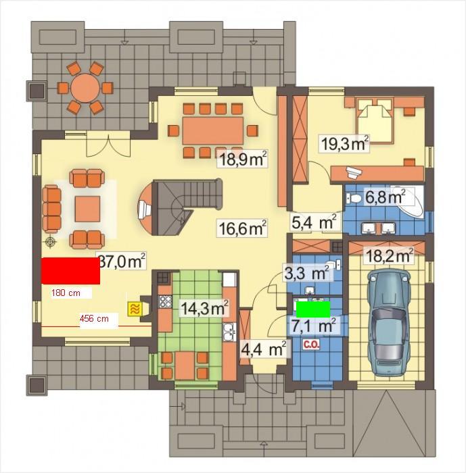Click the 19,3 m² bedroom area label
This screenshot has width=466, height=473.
pos(344,143)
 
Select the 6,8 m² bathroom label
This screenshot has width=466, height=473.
pos(385,197)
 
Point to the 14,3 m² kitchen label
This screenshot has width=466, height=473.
pos(204,308)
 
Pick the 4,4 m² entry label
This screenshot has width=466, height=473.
pos(263,349)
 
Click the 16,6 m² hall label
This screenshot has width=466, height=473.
pos(242,228)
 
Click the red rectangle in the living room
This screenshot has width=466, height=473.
pos(70,271)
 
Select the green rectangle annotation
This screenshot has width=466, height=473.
pos(313,309)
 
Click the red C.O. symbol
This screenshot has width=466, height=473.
pos(311,345)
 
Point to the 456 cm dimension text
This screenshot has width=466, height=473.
pos(94,318)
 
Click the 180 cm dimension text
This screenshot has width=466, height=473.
pos(66,293)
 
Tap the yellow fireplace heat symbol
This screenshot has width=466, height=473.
pos(135,309)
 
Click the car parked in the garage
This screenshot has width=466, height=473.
pos(388,322)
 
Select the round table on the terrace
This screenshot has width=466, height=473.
pos(85,88)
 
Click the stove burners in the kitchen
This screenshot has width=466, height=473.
pos(165,301)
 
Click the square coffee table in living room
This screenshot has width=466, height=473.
pos(87,209)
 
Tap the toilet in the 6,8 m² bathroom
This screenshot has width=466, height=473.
pos(354,199)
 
